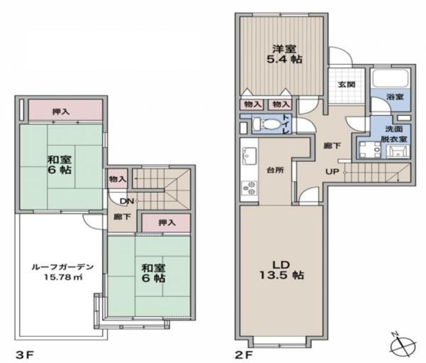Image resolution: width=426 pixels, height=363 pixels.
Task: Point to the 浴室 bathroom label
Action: click(x=395, y=97)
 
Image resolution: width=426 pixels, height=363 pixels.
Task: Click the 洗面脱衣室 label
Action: click(x=395, y=134)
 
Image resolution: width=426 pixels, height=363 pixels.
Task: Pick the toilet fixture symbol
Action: click(x=265, y=123)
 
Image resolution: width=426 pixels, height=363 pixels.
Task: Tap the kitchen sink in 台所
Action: click(x=249, y=153)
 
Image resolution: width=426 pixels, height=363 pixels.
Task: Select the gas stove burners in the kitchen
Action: click(x=249, y=187)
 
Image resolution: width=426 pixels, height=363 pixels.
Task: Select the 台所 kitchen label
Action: click(x=275, y=169)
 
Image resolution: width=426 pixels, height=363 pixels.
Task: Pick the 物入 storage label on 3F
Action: click(x=118, y=178)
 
